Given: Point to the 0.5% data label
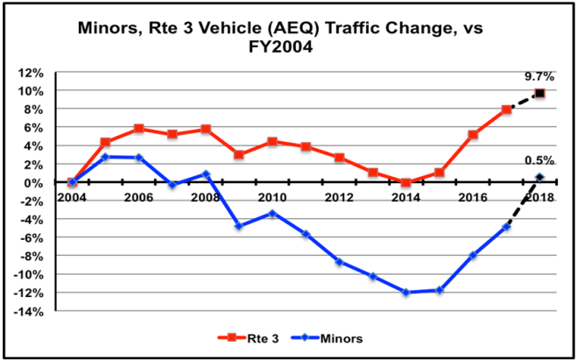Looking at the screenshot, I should coord(539,160).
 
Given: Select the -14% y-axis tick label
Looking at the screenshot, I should coord(41,311).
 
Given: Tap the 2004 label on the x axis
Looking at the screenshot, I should coord(72,196).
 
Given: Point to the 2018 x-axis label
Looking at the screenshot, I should coord(539,196).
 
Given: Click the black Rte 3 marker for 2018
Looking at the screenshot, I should coord(539,93).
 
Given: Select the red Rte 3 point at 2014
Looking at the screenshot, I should coord(405,182).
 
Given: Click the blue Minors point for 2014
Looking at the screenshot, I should coord(405,292).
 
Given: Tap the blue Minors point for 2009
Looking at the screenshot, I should coord(238,226).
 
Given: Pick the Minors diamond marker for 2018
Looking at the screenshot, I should coord(539,178).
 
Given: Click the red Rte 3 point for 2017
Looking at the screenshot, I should coord(506,109).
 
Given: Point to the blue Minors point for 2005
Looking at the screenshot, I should coord(104,157).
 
